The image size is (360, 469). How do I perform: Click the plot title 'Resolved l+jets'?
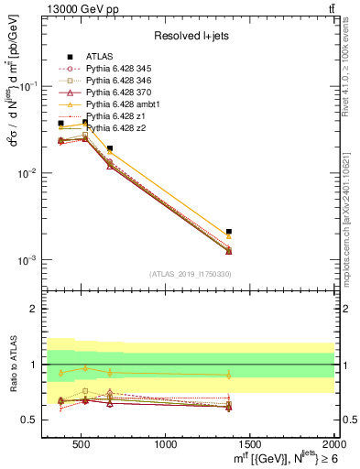(x=191, y=37)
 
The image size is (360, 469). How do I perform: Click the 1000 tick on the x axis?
(x=166, y=444)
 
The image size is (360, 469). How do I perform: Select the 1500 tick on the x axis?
(x=249, y=444)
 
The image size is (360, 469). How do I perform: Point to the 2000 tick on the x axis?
(x=332, y=444)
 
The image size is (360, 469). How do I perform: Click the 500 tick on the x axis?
(x=83, y=444)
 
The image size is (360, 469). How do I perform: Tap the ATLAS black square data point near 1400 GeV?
(x=229, y=232)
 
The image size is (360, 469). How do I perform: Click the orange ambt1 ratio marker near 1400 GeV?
(x=229, y=375)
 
